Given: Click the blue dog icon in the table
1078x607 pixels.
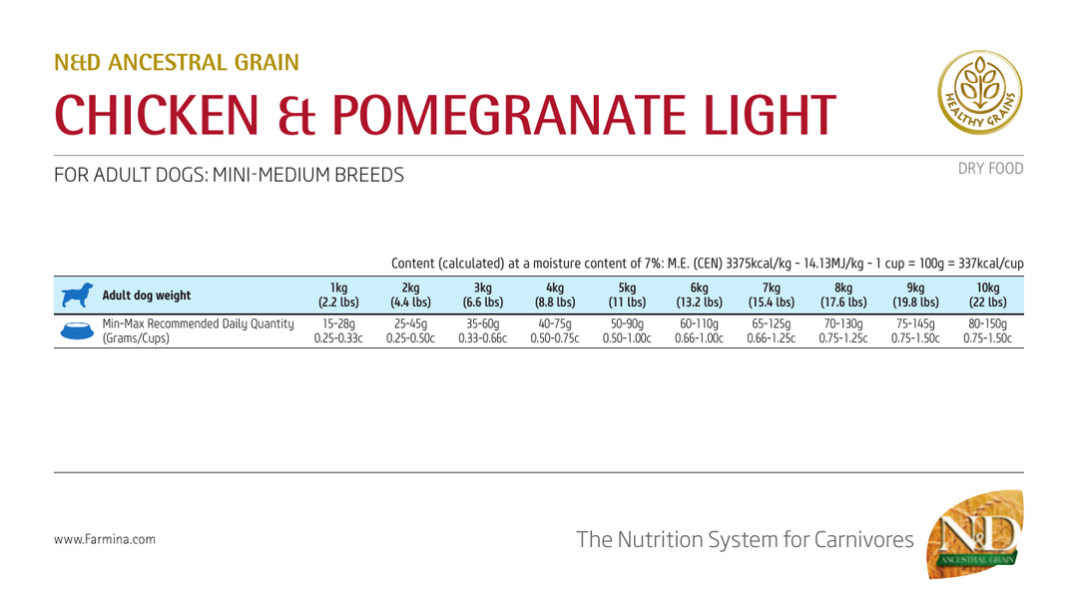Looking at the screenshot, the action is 77,295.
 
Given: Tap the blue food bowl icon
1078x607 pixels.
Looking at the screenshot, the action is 77,330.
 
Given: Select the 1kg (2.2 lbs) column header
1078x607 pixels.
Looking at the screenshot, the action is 338,295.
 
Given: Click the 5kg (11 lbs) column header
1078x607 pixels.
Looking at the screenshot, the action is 627,295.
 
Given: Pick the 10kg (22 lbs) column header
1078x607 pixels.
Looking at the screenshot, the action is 988,295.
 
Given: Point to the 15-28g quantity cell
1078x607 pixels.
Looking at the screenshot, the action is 338,330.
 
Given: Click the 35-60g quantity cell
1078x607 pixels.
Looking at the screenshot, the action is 483,330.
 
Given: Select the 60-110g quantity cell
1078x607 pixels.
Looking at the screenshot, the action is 699,330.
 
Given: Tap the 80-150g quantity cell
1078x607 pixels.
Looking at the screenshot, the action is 988,330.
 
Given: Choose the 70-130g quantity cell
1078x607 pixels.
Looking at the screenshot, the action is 843,330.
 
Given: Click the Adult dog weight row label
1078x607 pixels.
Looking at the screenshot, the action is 147,296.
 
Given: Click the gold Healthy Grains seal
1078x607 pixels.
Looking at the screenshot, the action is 980,92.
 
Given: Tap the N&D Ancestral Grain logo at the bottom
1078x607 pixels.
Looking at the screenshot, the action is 975,534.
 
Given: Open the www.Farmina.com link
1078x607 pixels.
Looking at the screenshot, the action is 105,540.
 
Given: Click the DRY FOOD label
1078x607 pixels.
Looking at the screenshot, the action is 991,169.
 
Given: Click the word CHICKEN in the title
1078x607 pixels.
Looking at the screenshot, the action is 157,115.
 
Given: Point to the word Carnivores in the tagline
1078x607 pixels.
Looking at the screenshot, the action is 864,540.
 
